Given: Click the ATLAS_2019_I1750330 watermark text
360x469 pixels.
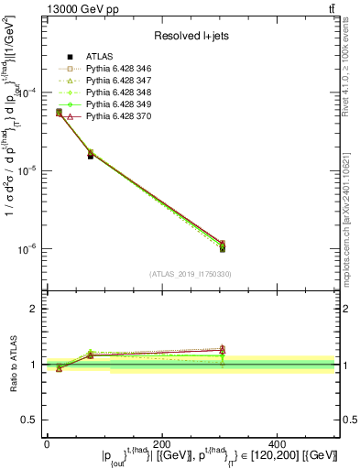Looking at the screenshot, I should coord(190,274).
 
